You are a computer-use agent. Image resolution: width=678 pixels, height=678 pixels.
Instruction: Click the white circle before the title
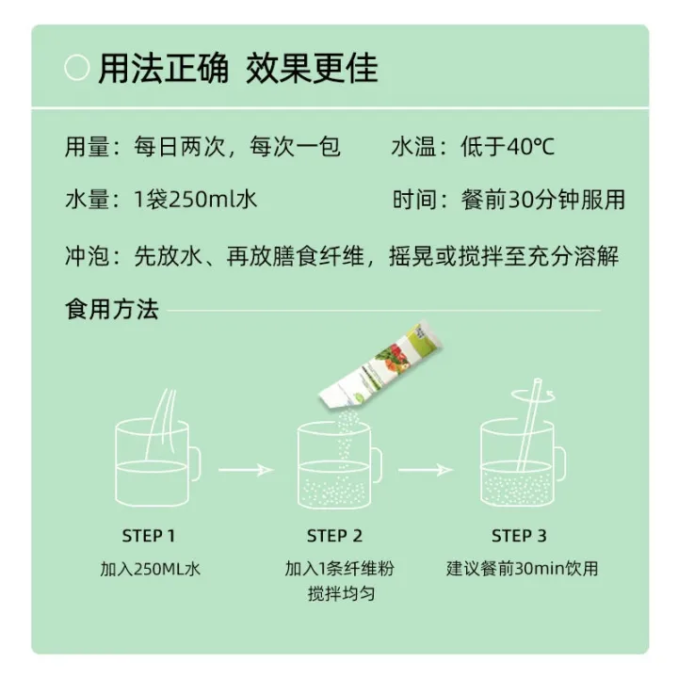coord(76,69)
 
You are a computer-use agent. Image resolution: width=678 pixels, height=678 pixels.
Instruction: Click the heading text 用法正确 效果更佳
coord(238,69)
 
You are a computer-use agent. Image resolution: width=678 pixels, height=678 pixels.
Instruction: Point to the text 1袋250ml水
coord(196,200)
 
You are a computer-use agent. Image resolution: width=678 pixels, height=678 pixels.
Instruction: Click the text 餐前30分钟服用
coord(543,200)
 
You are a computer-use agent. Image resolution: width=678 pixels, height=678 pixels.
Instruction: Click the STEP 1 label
coord(149,536)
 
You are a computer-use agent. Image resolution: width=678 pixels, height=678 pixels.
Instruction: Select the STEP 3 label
coord(519,536)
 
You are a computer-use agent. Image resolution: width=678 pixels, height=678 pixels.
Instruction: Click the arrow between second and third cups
coord(425,469)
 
